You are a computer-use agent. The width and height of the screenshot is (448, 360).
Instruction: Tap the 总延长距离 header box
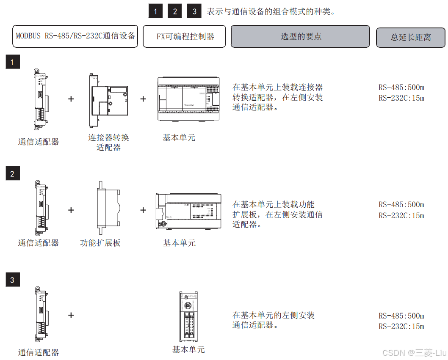410,37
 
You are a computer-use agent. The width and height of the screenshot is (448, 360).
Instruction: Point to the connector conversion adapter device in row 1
108,101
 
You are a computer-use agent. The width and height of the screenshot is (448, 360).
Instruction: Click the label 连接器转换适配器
108,142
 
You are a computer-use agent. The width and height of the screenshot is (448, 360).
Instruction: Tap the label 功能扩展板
100,243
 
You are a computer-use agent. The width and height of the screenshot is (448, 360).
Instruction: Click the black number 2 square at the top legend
175,11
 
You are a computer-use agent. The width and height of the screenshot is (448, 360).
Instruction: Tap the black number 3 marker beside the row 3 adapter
12,280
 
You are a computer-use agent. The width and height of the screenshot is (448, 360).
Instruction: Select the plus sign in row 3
71,315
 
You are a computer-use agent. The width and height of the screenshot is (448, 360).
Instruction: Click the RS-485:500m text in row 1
401,88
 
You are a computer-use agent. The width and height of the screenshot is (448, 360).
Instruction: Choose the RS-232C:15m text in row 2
401,215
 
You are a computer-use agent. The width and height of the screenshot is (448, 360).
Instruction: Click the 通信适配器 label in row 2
39,243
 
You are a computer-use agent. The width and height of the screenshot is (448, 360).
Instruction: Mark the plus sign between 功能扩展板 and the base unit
143,210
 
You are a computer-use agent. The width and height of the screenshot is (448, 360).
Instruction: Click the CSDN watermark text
414,352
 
